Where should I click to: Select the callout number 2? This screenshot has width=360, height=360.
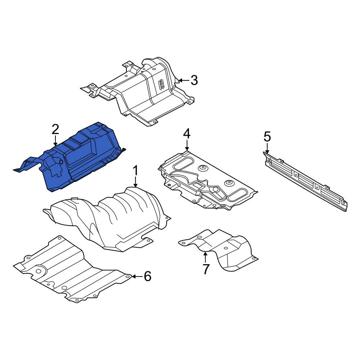click(x=55, y=129)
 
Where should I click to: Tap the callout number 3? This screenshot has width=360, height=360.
click(x=194, y=80)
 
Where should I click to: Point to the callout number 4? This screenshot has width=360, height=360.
click(x=186, y=134)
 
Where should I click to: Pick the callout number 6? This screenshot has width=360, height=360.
click(x=147, y=276)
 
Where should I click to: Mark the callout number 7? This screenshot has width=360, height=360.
click(x=206, y=269)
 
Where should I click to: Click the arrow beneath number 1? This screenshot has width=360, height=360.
click(x=135, y=182)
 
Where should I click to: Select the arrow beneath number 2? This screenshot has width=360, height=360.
click(x=55, y=141)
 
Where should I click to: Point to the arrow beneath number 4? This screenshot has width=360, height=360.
click(x=187, y=145)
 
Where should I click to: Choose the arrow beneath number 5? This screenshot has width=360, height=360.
click(x=267, y=148)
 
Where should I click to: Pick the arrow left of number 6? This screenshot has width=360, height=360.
click(x=137, y=276)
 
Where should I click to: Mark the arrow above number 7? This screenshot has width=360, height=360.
click(x=205, y=257)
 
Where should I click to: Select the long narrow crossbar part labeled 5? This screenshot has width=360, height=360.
click(x=305, y=181)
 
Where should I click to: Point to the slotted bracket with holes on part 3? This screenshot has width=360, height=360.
click(x=161, y=84)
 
